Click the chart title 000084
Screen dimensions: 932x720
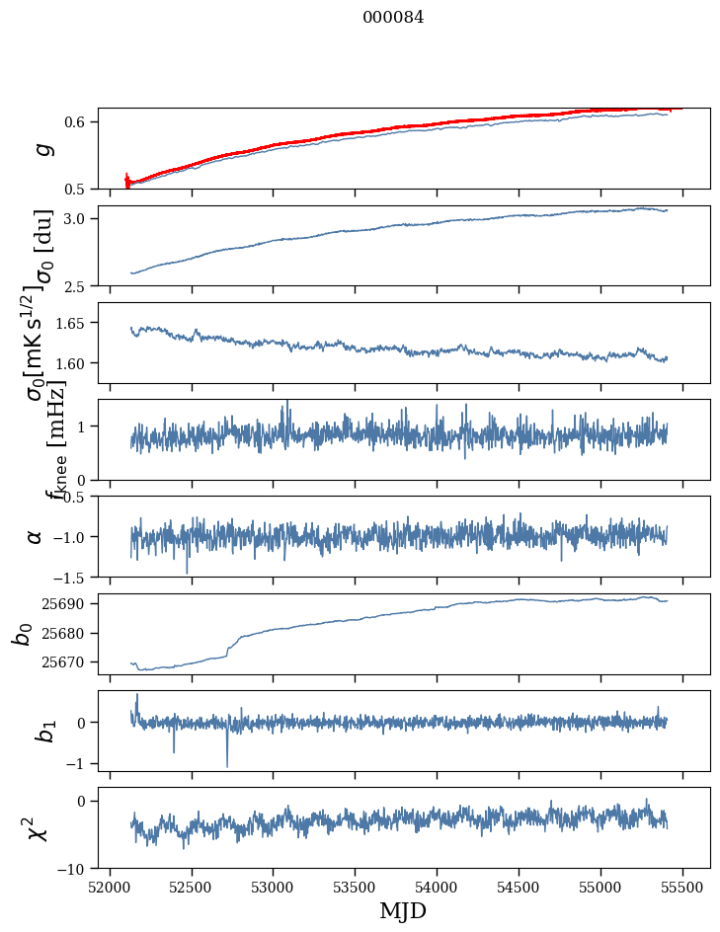tap(393, 18)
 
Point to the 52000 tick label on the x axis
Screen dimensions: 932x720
tap(110, 887)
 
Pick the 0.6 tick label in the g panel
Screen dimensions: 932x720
tap(78, 121)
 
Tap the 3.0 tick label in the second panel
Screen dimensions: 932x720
tap(78, 218)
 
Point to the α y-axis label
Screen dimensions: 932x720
tap(35, 536)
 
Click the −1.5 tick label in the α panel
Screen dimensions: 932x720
tap(72, 577)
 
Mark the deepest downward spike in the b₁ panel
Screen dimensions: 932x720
tap(227, 765)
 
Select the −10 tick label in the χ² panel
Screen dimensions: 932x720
tap(76, 869)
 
